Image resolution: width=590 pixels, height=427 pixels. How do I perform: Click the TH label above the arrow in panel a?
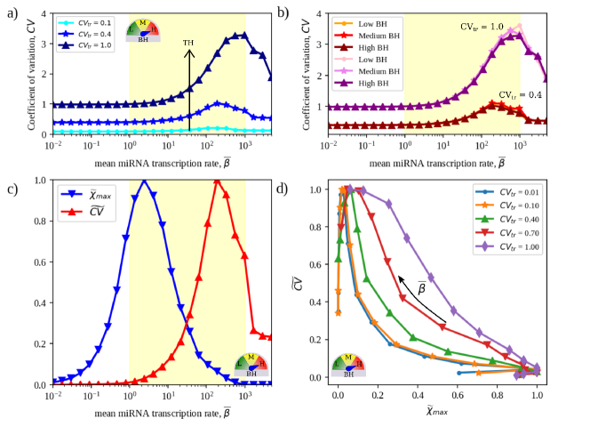(188, 42)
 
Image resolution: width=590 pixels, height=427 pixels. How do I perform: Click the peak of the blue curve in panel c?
(144, 181)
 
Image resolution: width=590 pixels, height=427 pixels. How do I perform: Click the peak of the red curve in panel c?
(216, 181)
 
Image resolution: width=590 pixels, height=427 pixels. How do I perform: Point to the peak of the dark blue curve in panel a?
(241, 35)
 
